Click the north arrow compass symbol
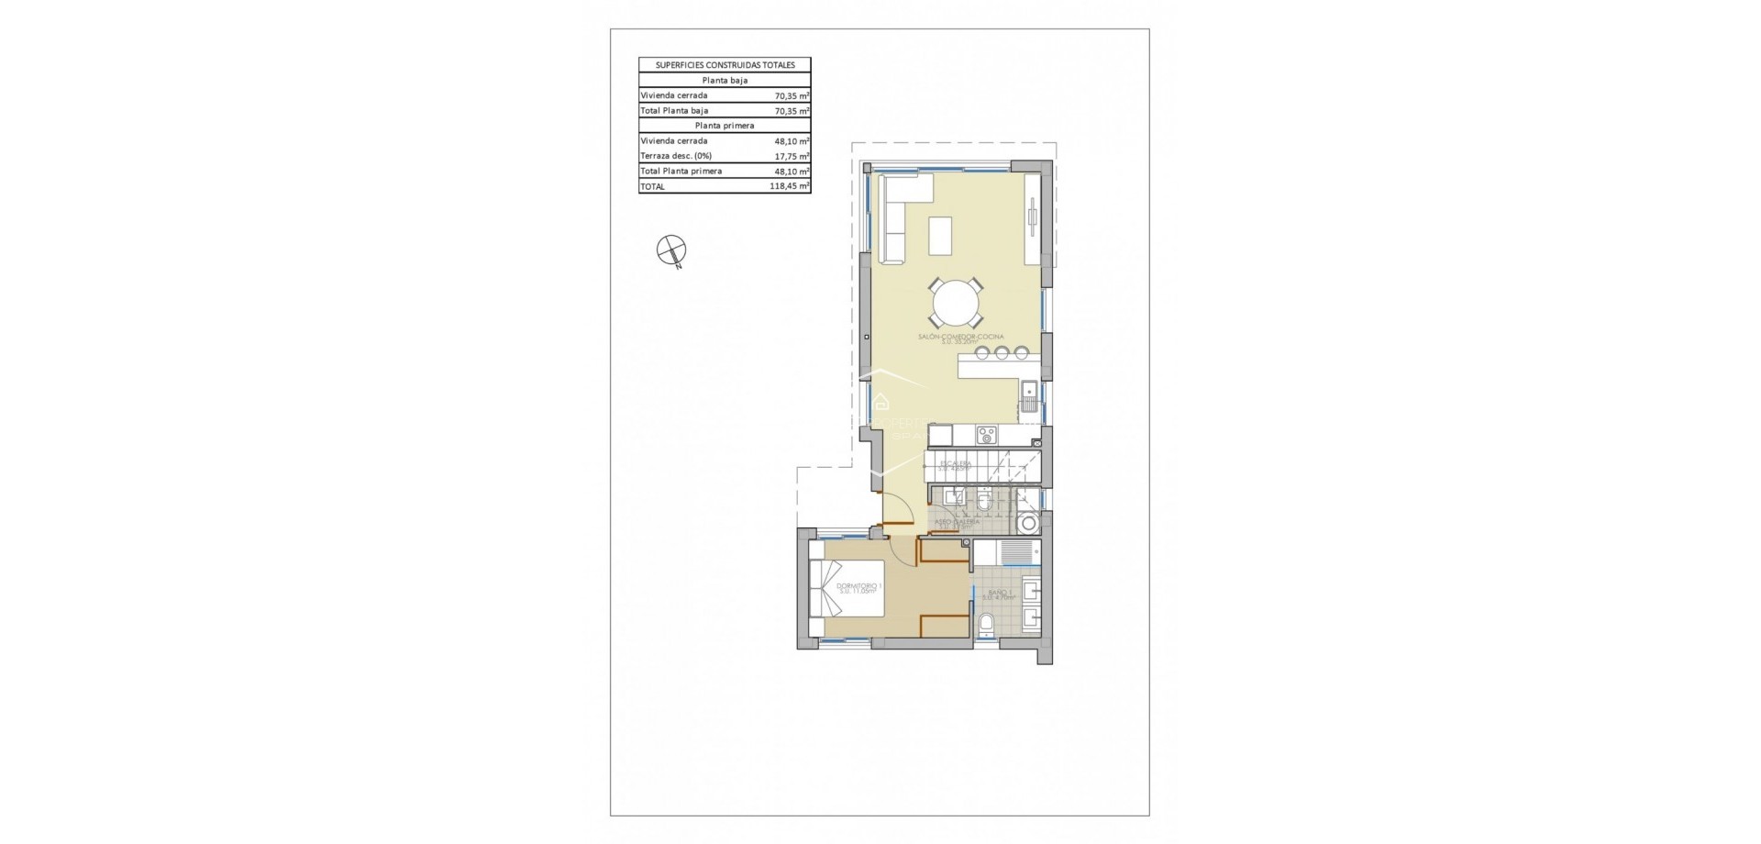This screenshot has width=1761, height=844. (x=672, y=250)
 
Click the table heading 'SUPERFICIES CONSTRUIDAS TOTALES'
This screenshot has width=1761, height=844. (x=725, y=65)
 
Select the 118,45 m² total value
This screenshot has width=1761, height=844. (x=790, y=186)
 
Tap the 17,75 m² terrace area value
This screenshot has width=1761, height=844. (x=791, y=156)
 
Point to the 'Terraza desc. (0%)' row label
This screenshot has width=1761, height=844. (x=676, y=156)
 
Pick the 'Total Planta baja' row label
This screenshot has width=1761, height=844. (x=674, y=111)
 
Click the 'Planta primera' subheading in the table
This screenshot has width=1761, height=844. (x=725, y=126)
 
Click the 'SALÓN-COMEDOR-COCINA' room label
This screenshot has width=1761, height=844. (x=960, y=338)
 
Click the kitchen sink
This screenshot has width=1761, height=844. (x=1029, y=396)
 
